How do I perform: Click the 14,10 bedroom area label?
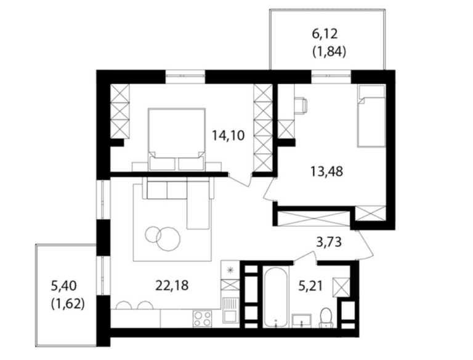[x=228, y=135]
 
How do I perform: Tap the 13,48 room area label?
[x=326, y=172]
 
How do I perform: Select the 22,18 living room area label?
[x=172, y=285]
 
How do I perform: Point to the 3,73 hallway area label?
[x=329, y=242]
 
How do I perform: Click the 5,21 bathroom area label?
[x=310, y=285]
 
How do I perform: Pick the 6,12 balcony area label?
[x=325, y=34]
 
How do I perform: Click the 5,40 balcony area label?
[x=64, y=285]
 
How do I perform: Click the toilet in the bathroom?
[x=325, y=318]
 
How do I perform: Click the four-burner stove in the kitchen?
[x=203, y=318]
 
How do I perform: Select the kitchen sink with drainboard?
[x=231, y=310]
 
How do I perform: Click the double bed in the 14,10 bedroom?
[x=177, y=139]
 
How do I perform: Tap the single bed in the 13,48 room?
[x=371, y=116]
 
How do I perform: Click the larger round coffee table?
[x=169, y=239]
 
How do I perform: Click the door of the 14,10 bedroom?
[x=240, y=180]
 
